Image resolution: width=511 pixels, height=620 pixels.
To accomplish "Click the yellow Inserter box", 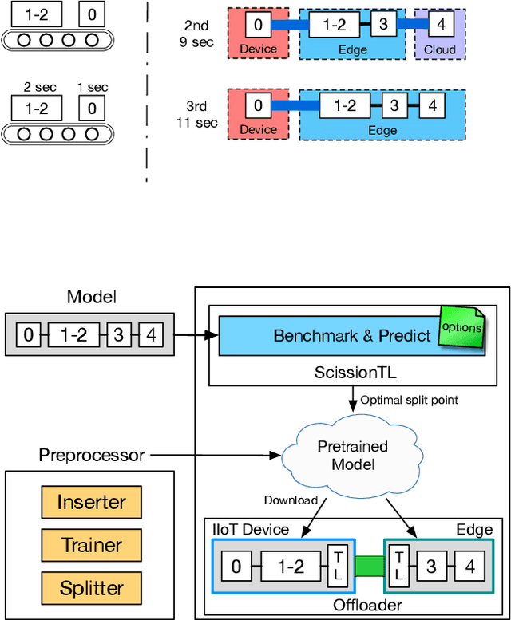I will pos(92,503).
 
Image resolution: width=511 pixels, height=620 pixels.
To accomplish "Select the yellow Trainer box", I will pos(92,546).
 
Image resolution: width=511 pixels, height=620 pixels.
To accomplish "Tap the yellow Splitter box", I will pos(92,589).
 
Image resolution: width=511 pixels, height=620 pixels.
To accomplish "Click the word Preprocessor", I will pos(92,456).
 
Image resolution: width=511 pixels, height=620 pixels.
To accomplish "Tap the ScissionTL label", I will pos(353,373).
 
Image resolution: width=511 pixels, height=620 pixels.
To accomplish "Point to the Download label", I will pos(291,500).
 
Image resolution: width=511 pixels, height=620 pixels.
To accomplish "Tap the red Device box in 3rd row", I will pos(258,114).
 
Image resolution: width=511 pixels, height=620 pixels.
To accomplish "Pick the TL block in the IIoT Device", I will pos(336,567).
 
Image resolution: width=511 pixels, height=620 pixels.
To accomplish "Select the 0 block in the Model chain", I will pos(28,335).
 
